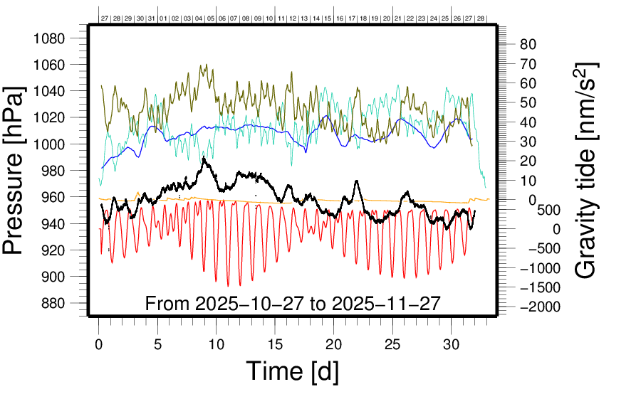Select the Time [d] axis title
point(292,371)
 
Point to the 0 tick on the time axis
point(99,344)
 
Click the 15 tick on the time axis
point(275,344)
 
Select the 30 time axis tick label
point(451,344)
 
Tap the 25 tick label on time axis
point(392,344)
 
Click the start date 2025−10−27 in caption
point(244,304)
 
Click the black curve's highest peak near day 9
point(204,157)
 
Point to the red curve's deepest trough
point(229,286)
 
